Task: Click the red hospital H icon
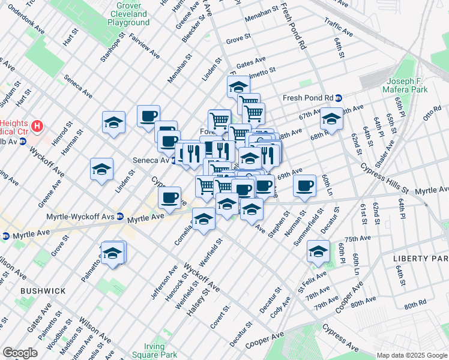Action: [x=38, y=127]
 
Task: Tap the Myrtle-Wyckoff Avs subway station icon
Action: [x=120, y=216]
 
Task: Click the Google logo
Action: [x=20, y=353]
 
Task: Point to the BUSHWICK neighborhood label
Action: [x=43, y=291]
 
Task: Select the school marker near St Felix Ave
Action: [x=318, y=251]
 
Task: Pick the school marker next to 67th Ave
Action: [x=331, y=118]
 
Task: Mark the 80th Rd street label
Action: [x=415, y=305]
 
